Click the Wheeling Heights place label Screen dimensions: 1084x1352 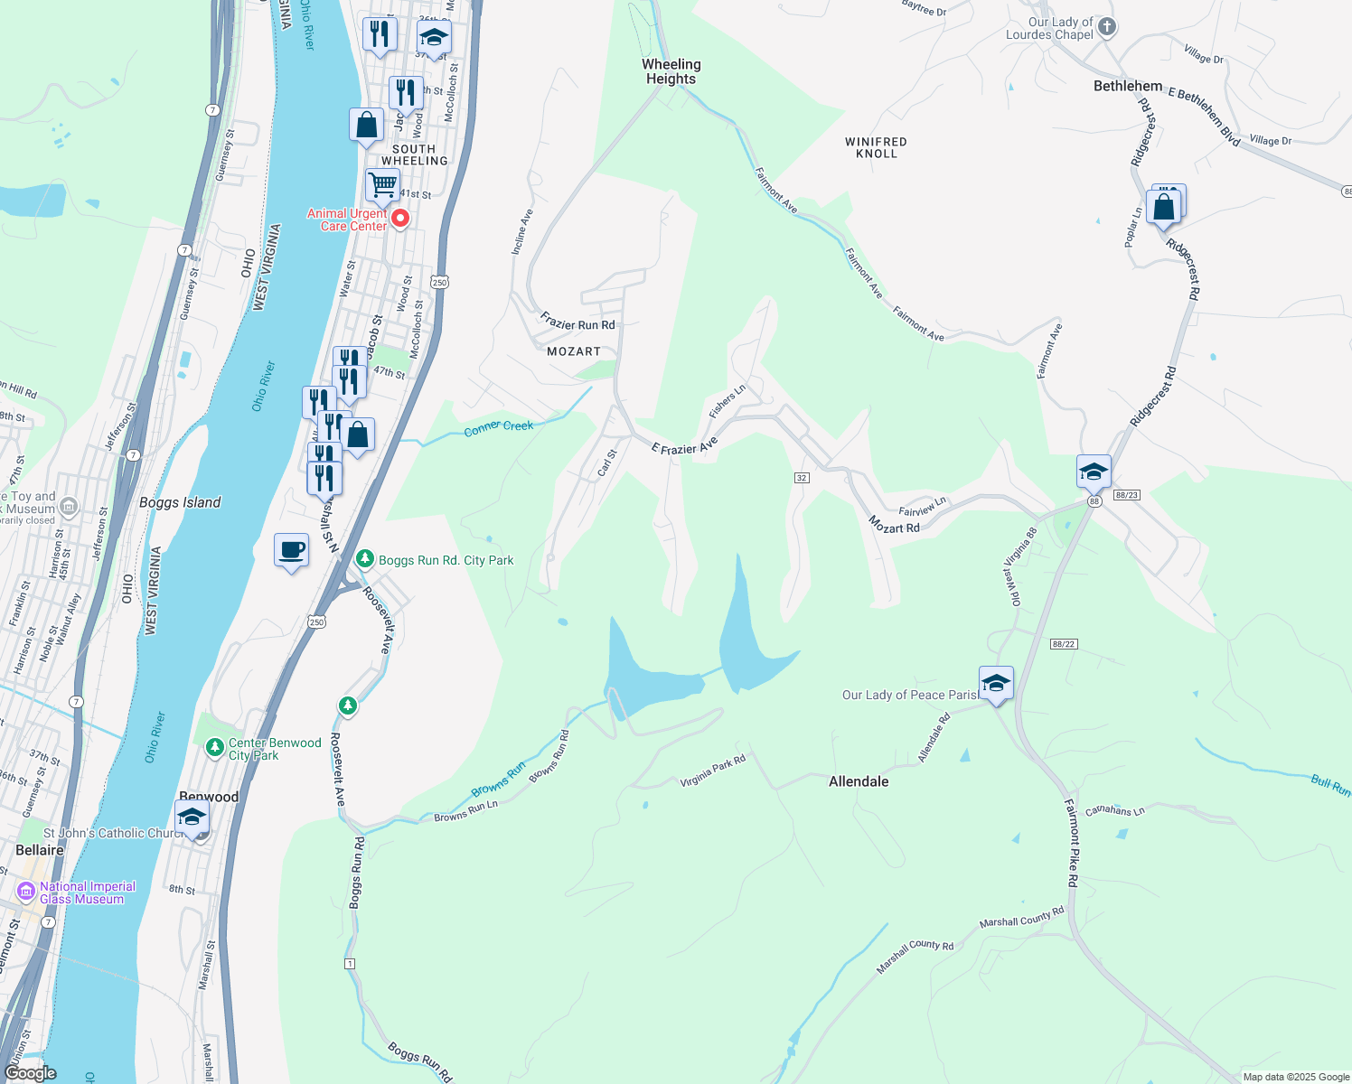(x=671, y=71)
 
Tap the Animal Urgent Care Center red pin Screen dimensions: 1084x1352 (x=399, y=219)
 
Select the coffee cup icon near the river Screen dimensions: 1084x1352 (x=292, y=550)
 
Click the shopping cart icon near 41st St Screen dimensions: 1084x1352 (x=382, y=184)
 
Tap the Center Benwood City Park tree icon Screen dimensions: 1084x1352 (x=214, y=747)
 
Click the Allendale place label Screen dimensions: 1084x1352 (x=859, y=781)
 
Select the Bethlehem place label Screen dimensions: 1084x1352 (x=1127, y=86)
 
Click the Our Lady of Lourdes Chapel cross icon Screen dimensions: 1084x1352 (x=1107, y=27)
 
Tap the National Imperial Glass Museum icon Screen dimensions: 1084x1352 (x=26, y=892)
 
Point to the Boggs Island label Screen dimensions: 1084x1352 (x=180, y=502)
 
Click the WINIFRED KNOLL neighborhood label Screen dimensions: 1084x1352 (x=876, y=147)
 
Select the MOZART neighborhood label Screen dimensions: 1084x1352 (x=574, y=351)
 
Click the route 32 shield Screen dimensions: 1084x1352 (x=802, y=477)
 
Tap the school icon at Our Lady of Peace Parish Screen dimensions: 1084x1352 (x=996, y=684)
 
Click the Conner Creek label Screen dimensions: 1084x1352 (x=498, y=426)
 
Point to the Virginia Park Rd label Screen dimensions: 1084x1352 (x=712, y=771)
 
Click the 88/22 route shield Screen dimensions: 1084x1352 (x=1064, y=644)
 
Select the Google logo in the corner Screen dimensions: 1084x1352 (x=30, y=1073)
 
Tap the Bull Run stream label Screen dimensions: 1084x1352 (x=1330, y=784)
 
